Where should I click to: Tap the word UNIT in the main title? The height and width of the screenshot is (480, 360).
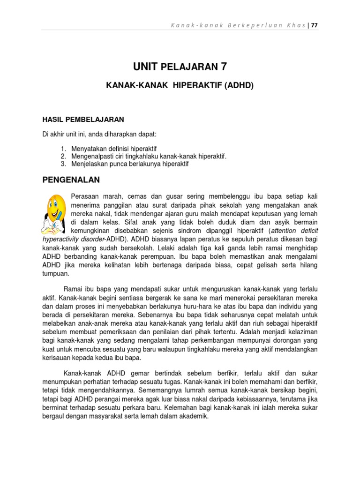pyautogui.click(x=146, y=67)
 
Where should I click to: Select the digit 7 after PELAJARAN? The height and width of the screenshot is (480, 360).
pyautogui.click(x=224, y=67)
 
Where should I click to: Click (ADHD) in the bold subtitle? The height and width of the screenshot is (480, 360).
pyautogui.click(x=238, y=86)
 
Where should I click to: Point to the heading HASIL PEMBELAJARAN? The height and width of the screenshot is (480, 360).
pyautogui.click(x=83, y=119)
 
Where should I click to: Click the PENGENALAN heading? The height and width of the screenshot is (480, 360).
pyautogui.click(x=71, y=179)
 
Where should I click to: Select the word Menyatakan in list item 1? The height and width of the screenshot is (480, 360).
pyautogui.click(x=89, y=148)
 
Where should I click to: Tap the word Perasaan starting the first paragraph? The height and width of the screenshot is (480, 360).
pyautogui.click(x=85, y=195)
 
